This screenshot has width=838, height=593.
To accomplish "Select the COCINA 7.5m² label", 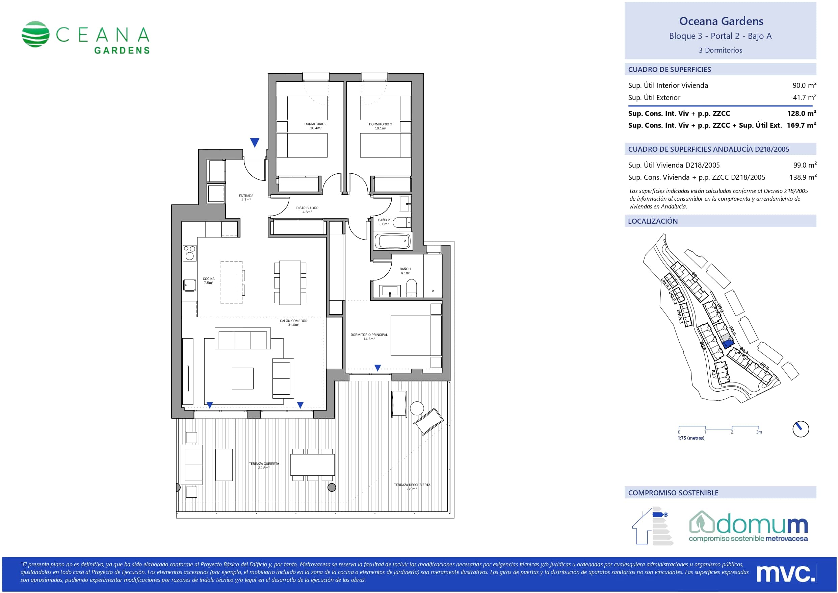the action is (x=209, y=280).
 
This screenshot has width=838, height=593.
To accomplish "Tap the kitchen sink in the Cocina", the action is (x=189, y=285).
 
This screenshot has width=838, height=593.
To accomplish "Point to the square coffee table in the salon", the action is (x=243, y=378).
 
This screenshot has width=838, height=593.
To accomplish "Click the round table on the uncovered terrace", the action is (x=417, y=408).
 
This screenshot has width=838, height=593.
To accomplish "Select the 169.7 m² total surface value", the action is (x=802, y=125).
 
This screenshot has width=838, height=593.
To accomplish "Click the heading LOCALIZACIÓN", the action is (x=653, y=221).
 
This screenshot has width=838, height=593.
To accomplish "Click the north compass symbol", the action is (x=801, y=429).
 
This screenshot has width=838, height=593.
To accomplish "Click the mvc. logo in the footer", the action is (x=785, y=574).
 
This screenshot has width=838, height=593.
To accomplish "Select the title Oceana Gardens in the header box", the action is (x=721, y=21).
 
